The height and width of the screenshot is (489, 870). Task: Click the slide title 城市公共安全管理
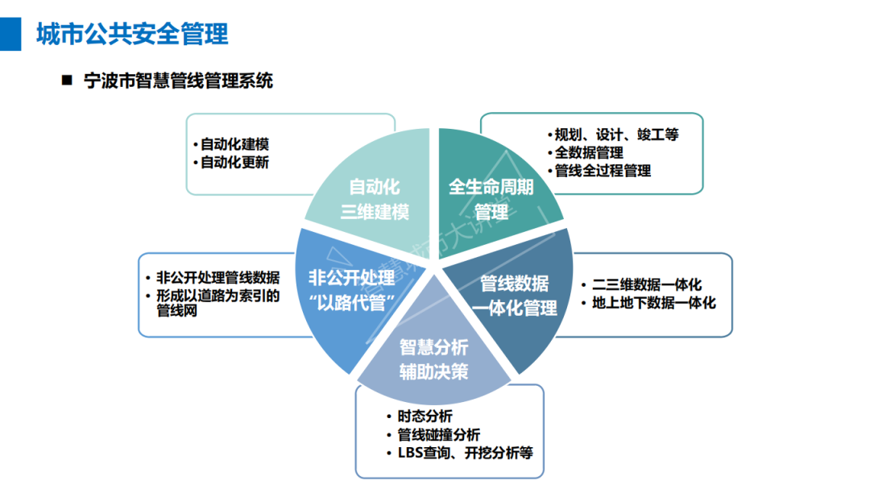click(132, 34)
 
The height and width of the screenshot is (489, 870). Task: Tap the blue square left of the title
click(10, 34)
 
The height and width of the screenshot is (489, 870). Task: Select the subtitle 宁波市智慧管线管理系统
click(178, 81)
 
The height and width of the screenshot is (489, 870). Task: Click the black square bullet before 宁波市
click(67, 81)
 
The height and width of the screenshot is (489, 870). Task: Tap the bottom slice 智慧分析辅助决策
click(434, 359)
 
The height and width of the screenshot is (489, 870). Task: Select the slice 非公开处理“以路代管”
click(351, 289)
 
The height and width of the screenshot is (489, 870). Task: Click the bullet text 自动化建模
click(234, 144)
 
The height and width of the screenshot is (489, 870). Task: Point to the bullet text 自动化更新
click(234, 162)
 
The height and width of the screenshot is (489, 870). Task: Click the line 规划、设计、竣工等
click(616, 135)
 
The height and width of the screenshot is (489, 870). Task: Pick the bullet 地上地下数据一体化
click(653, 304)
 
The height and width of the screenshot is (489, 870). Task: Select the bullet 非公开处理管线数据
click(217, 277)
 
